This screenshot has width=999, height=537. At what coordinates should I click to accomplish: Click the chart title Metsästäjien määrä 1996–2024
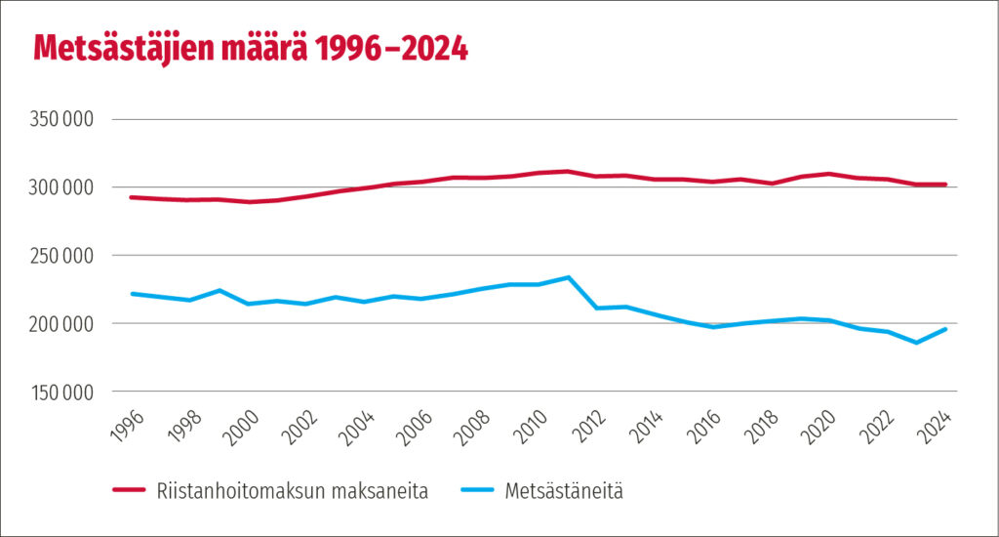(x=251, y=50)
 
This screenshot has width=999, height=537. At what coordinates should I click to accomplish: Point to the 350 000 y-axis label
(x=62, y=119)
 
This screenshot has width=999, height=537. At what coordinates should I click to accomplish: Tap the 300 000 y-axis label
(x=62, y=187)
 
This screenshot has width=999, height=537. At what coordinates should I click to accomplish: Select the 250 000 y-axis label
(x=62, y=256)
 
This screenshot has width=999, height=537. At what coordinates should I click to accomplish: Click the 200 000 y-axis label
(x=62, y=324)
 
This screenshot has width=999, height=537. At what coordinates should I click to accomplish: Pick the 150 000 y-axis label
(x=62, y=392)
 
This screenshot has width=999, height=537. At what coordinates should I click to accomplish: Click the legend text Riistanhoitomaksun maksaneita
(x=292, y=492)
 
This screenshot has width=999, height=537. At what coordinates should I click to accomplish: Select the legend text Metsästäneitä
(x=564, y=492)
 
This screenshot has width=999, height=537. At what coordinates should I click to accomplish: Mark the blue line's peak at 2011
(x=568, y=277)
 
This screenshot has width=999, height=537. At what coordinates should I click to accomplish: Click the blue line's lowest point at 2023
(x=916, y=343)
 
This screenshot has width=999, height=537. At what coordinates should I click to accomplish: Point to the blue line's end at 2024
(x=945, y=329)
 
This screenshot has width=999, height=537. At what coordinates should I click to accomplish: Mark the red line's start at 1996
(x=132, y=197)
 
